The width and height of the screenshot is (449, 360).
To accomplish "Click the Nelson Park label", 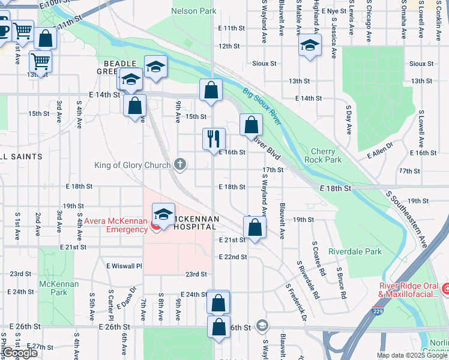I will [x=193, y=11].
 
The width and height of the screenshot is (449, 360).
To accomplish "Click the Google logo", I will [x=20, y=353].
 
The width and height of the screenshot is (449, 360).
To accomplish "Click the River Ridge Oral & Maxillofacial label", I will [x=409, y=290].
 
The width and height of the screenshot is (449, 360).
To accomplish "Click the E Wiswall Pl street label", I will [x=124, y=266].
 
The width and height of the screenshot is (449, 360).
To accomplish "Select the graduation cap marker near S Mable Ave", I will [x=310, y=46].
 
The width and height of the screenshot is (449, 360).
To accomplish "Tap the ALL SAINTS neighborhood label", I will [x=22, y=157].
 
